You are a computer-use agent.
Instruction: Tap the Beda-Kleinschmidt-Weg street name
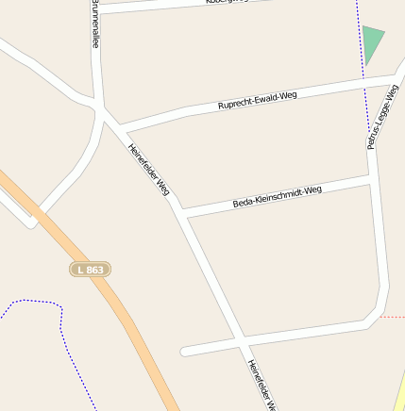coord(277,196)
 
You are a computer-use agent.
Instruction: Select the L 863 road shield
coord(90,270)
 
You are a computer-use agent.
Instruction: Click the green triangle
coord(373,42)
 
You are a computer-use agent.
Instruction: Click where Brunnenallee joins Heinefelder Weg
coord(99,106)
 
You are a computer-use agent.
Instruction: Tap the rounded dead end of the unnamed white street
coord(185,352)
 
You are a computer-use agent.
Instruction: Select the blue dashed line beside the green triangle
coord(363,75)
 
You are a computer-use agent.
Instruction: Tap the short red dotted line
coord(392,318)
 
